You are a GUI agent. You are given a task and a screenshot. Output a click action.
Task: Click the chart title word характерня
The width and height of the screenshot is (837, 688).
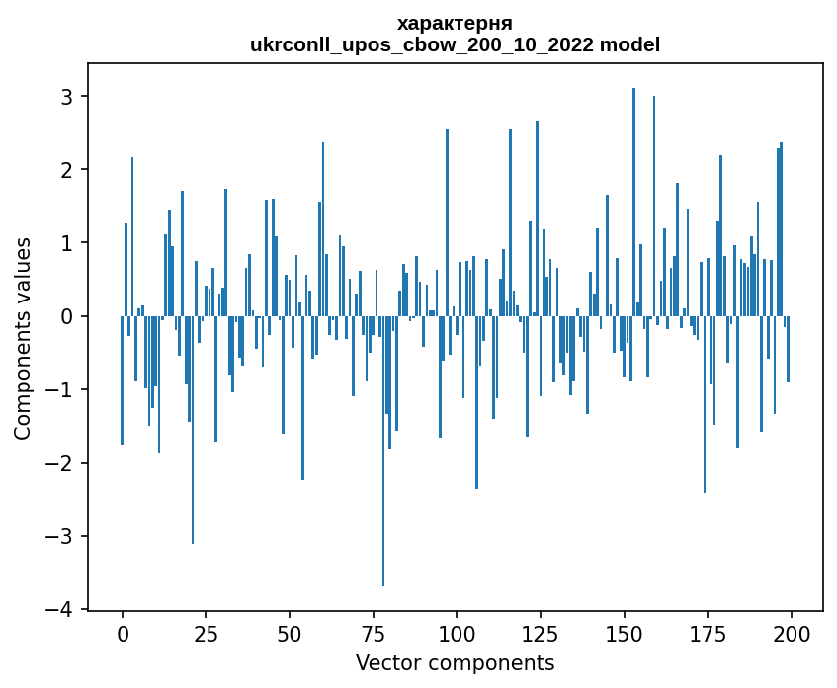coord(455,23)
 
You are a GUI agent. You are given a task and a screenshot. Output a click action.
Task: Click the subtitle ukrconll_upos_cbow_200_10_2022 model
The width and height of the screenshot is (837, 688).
coord(455,44)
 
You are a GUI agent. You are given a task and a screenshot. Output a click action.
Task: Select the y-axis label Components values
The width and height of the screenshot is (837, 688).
coord(23,338)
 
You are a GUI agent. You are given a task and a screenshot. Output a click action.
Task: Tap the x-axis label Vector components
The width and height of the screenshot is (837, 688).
coord(455,663)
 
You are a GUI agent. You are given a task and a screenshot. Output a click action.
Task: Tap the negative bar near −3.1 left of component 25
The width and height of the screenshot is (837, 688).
coord(193,430)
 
